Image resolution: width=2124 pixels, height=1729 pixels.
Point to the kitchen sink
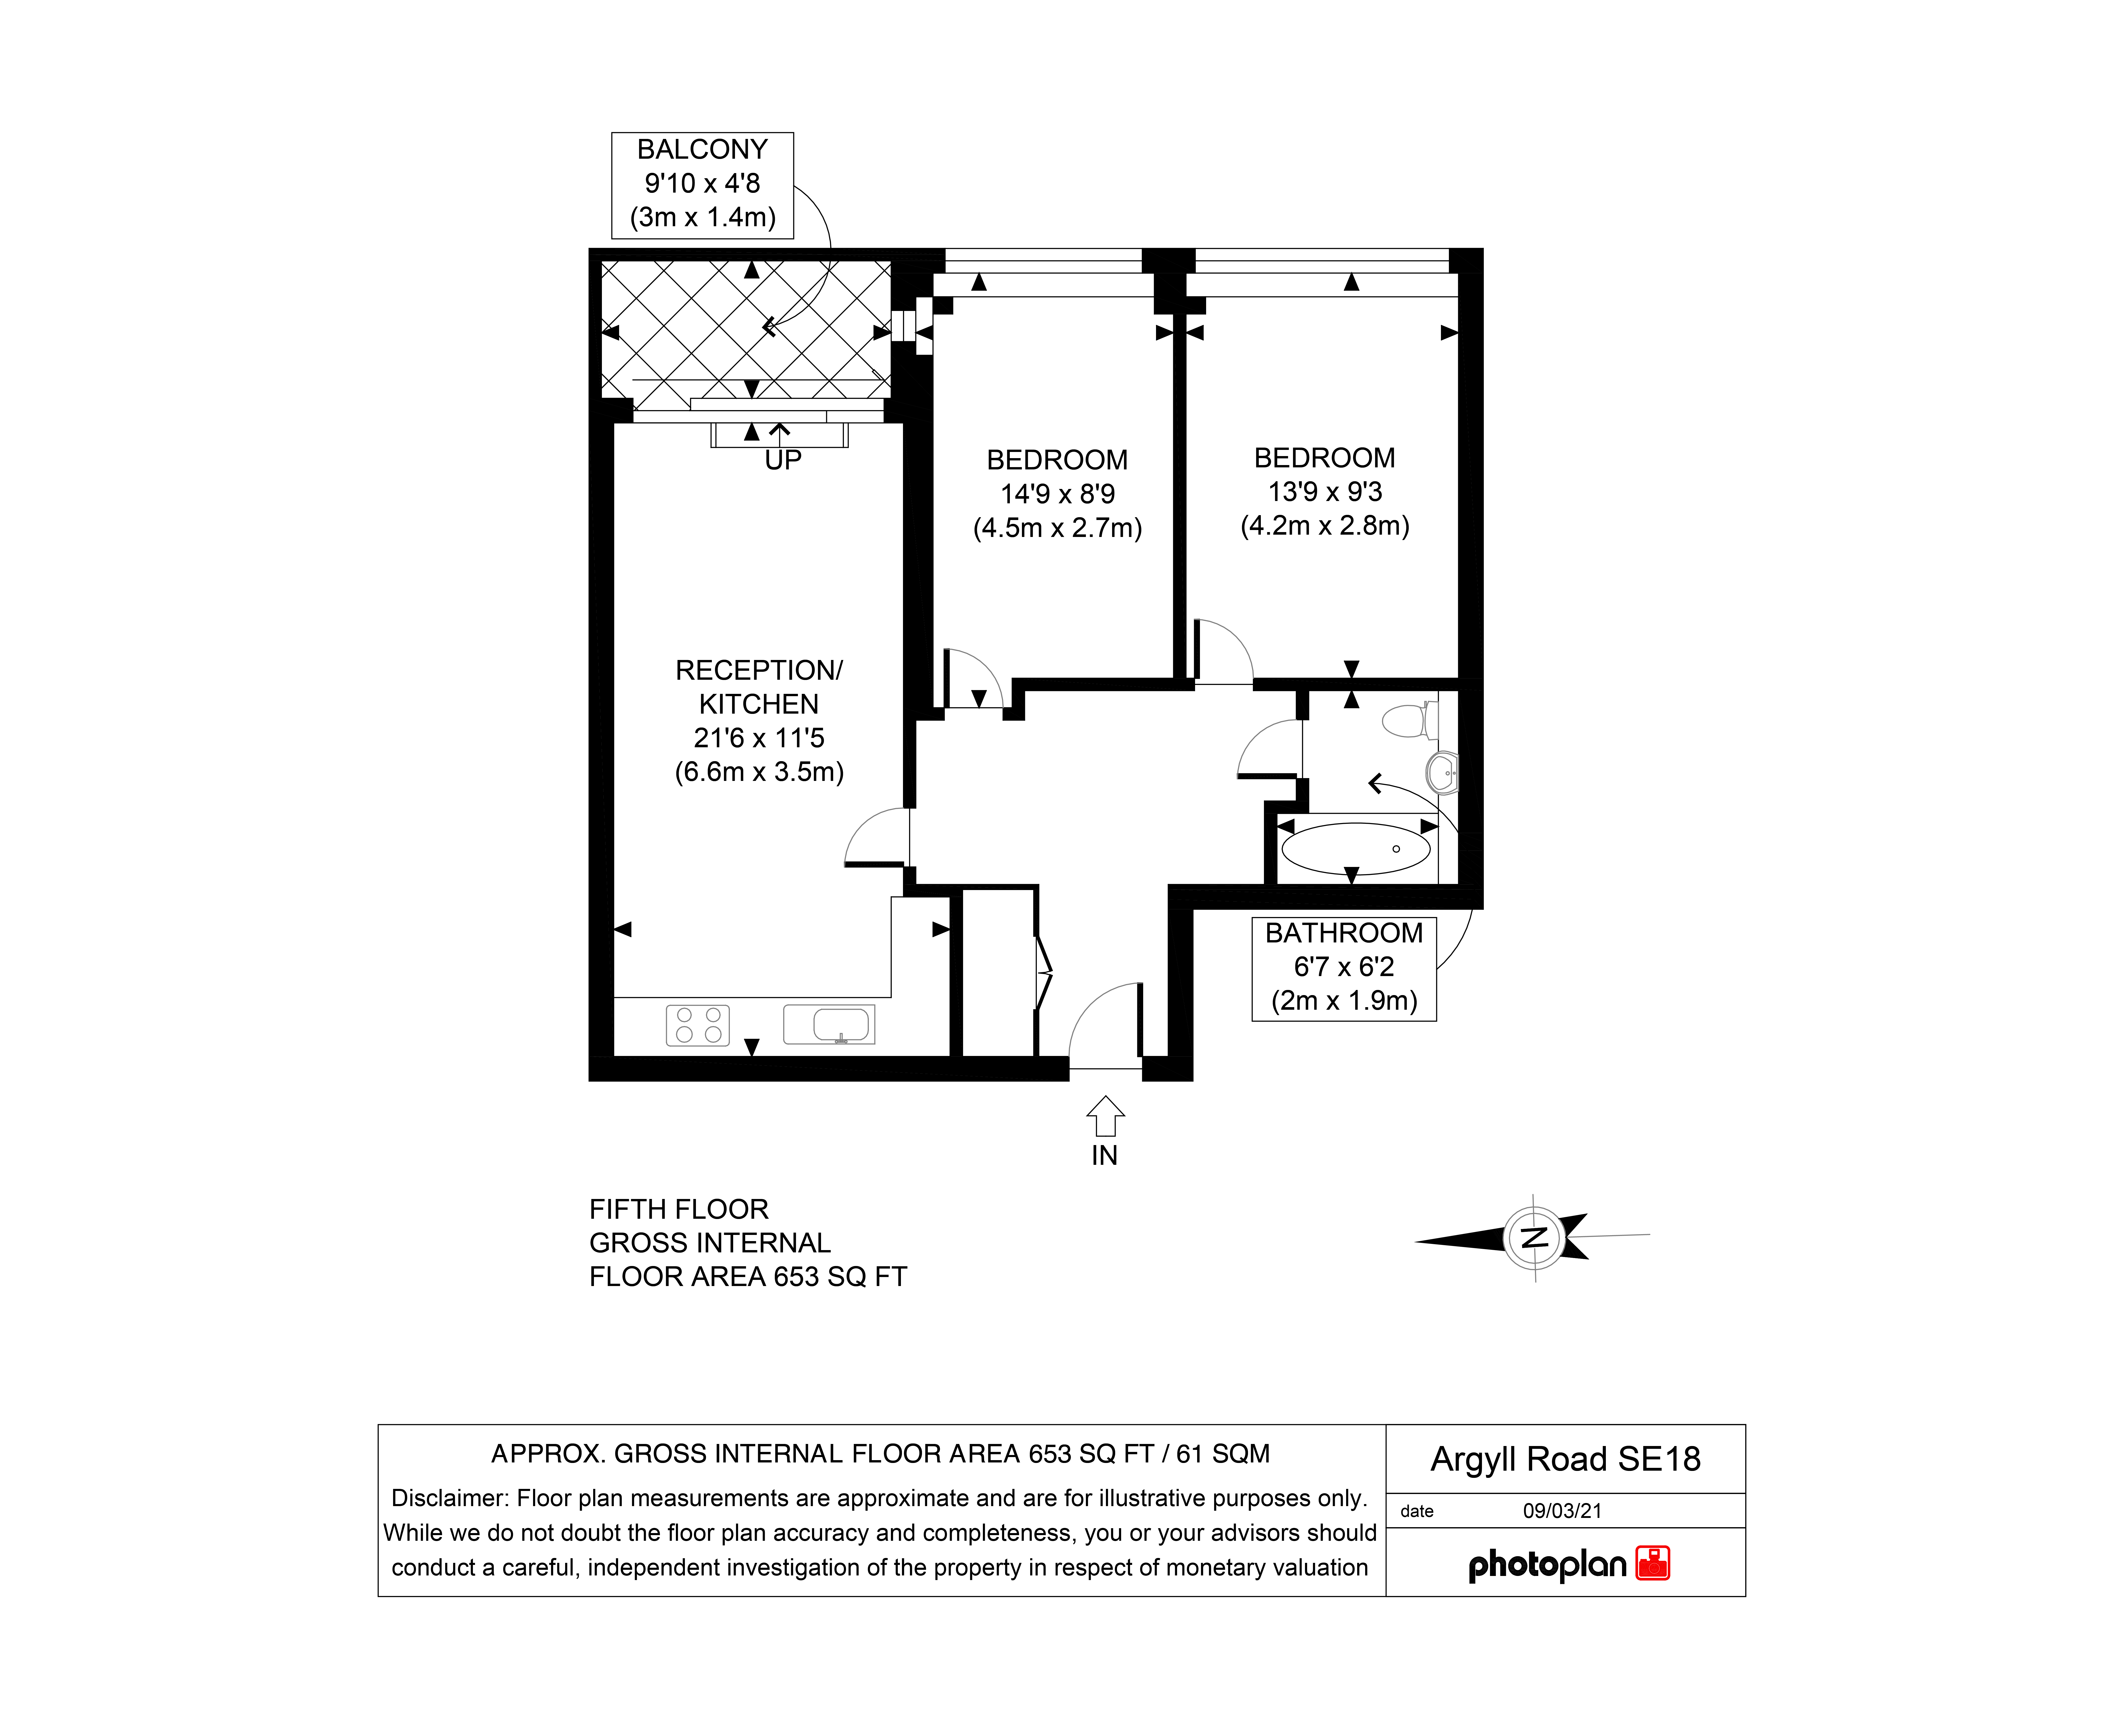tap(829, 1024)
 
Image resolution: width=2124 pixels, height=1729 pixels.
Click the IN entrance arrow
tap(1105, 1117)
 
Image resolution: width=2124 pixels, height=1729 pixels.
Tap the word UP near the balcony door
tap(783, 460)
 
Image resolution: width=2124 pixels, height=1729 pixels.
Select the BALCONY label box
tap(702, 185)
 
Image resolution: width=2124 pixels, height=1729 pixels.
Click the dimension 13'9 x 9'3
tap(1325, 492)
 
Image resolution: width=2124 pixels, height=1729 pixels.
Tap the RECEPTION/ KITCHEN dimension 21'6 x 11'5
tap(759, 738)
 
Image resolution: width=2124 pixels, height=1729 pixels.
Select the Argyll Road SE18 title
tap(1565, 1459)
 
